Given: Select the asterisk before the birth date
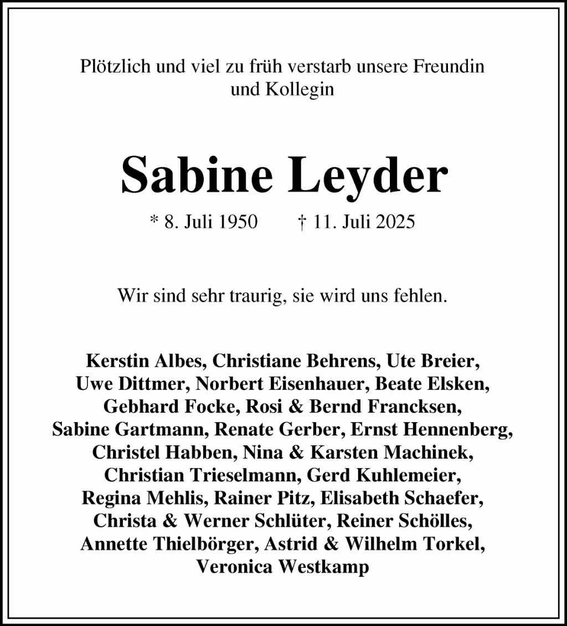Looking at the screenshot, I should tap(154, 222).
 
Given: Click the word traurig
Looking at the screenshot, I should tap(256, 295).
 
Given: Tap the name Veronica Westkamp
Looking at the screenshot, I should tap(283, 567).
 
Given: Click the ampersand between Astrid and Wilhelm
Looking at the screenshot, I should tap(331, 544).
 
